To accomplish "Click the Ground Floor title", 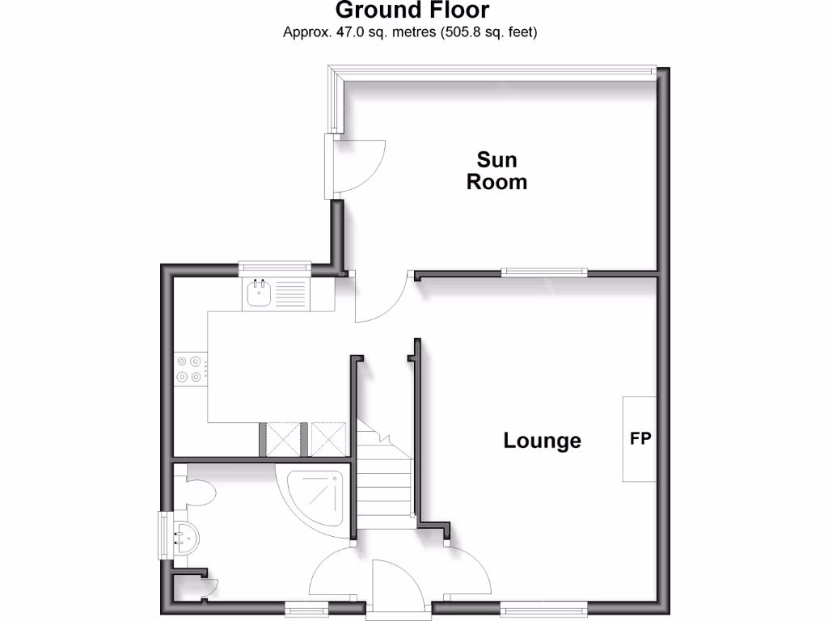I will tap(412, 11).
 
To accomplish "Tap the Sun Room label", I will tap(496, 171).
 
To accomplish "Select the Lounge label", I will tap(542, 441).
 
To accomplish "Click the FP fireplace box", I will tap(640, 439).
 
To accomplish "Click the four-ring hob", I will tap(188, 369).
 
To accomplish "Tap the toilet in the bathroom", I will tap(199, 492).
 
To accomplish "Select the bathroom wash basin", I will tap(184, 535).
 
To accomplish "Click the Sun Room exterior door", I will tap(356, 165).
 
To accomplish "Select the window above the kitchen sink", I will tap(275, 266).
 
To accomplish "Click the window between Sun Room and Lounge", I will tap(542, 272).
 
